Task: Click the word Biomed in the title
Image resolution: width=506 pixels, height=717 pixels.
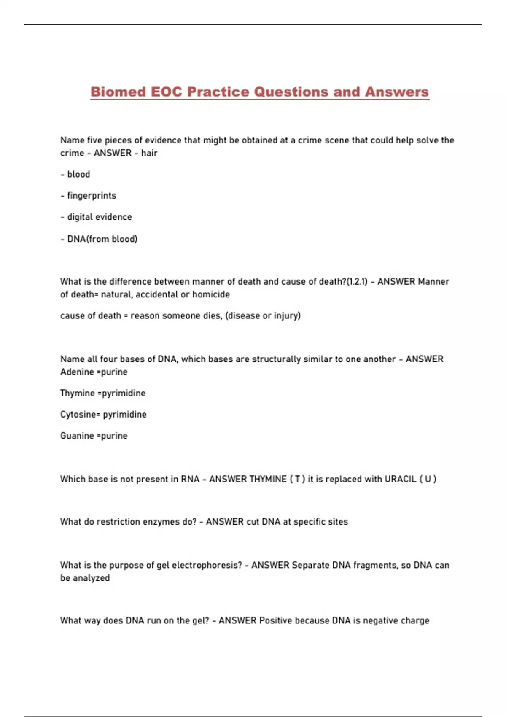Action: coord(118,92)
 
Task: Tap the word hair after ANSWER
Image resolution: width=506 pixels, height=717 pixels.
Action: coord(149,153)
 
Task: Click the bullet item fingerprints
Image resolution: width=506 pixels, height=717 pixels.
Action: coord(92,196)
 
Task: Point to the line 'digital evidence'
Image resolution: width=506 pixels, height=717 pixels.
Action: coord(100,217)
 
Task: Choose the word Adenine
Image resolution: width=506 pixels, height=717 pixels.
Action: coord(77,372)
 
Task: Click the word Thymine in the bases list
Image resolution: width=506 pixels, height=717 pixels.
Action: coord(78,393)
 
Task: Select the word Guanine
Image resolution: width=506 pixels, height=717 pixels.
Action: coord(77,436)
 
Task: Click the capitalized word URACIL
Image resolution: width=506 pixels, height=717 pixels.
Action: coord(400,479)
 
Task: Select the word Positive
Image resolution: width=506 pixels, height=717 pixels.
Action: coord(276,620)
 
